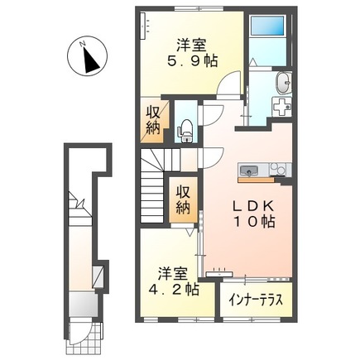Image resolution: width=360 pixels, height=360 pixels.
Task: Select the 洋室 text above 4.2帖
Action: (x=168, y=272)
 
